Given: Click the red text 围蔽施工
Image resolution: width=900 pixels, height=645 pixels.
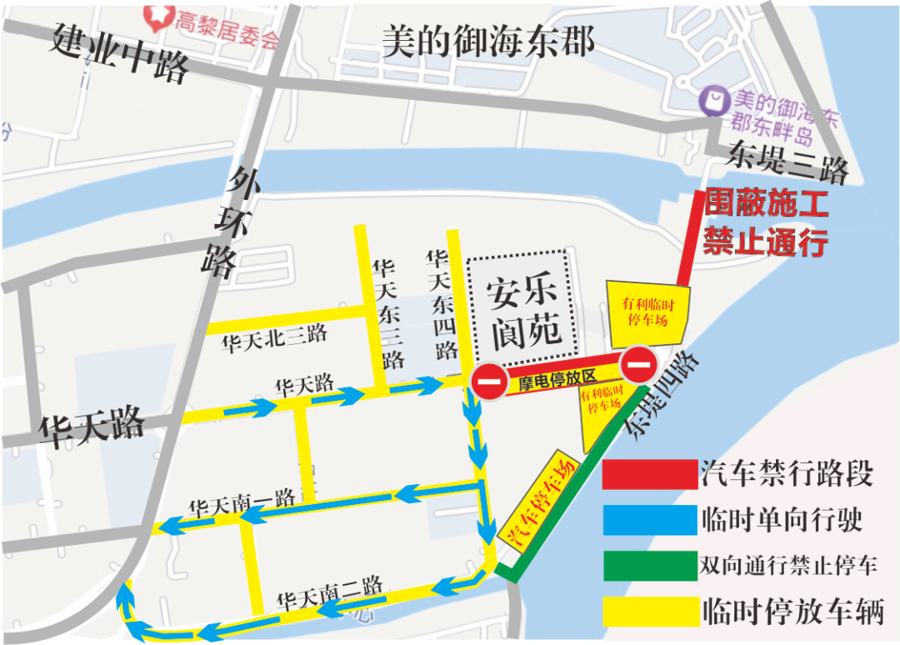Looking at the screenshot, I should coord(766,204).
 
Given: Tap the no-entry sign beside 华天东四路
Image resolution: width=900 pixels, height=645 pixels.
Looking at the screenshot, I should coord(488,383).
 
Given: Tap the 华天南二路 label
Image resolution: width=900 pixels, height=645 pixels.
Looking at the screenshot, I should coord(330,592).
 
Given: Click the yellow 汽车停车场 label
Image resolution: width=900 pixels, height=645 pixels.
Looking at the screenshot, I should coord(540,502).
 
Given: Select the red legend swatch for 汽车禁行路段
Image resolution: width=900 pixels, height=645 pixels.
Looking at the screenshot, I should coord(649,475).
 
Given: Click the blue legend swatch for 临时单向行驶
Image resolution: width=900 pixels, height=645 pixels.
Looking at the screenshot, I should coord(649,521).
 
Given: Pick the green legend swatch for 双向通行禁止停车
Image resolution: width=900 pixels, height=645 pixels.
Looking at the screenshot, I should coord(649,566).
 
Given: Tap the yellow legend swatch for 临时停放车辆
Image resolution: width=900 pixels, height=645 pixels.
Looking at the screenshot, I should coord(649,611).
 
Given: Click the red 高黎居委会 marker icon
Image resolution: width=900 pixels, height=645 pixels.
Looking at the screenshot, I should coord(156,12).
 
